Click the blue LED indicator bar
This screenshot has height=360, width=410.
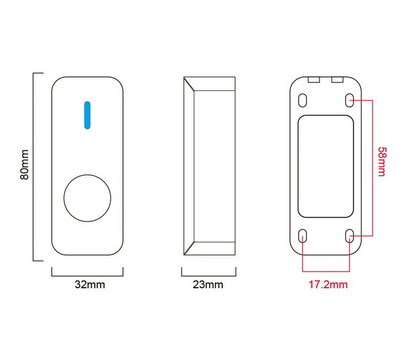(x=87, y=115)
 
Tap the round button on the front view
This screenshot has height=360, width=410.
(x=87, y=198)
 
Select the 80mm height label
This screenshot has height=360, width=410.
(x=25, y=165)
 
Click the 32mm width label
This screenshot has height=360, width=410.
(x=90, y=284)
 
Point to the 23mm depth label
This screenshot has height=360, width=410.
(x=208, y=284)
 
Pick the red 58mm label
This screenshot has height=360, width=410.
(x=382, y=161)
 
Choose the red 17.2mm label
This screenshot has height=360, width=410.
(x=328, y=284)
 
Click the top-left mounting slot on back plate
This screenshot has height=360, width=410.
(x=302, y=100)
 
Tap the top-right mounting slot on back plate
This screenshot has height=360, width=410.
(x=349, y=100)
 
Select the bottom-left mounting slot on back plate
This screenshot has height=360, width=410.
(x=303, y=236)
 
